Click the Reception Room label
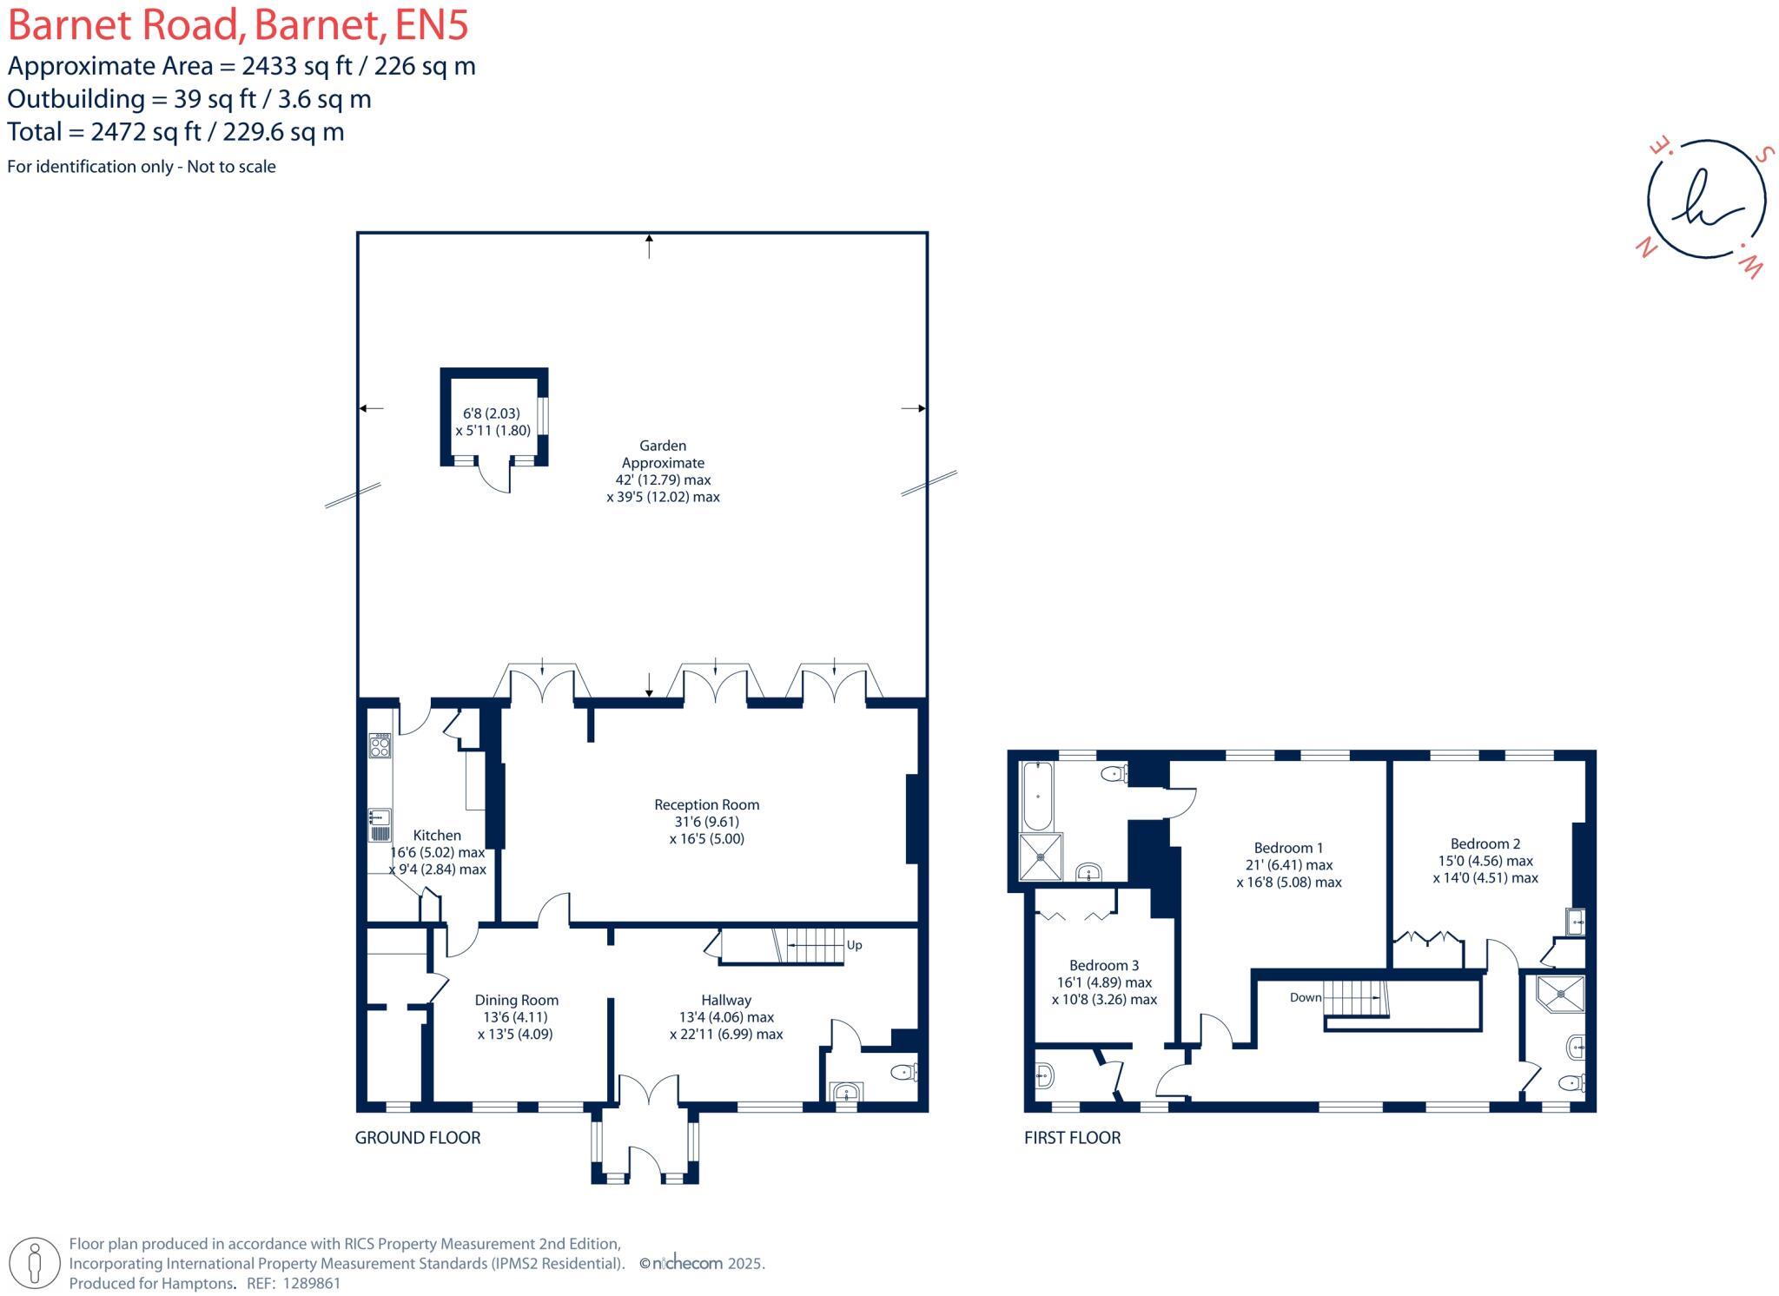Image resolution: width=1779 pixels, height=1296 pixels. (706, 804)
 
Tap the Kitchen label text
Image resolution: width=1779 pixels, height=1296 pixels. (437, 835)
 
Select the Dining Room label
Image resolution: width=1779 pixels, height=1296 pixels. (516, 1000)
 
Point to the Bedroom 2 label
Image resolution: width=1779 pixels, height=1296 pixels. (1485, 843)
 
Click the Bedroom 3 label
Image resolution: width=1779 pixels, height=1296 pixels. (1103, 965)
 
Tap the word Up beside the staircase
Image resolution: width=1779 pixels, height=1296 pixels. (854, 945)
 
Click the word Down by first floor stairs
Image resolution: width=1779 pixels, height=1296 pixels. (1305, 997)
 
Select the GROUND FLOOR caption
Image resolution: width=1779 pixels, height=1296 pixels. (417, 1137)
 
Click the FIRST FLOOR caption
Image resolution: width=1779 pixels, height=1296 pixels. (1072, 1137)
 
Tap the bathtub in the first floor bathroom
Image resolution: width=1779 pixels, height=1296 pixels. (1037, 796)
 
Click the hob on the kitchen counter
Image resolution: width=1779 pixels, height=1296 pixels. (380, 745)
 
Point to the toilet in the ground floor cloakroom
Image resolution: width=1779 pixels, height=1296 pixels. (904, 1072)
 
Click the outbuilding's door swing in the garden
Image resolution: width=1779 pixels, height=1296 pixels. (496, 479)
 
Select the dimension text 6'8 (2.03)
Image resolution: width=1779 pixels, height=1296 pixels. (491, 413)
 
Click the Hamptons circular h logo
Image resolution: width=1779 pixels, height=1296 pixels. (1706, 200)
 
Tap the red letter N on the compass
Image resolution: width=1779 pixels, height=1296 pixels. (1644, 248)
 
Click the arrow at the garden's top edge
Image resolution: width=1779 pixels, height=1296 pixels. (649, 245)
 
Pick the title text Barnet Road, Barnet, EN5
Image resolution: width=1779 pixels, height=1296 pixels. (238, 25)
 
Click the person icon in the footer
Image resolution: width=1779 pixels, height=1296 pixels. (35, 1262)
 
